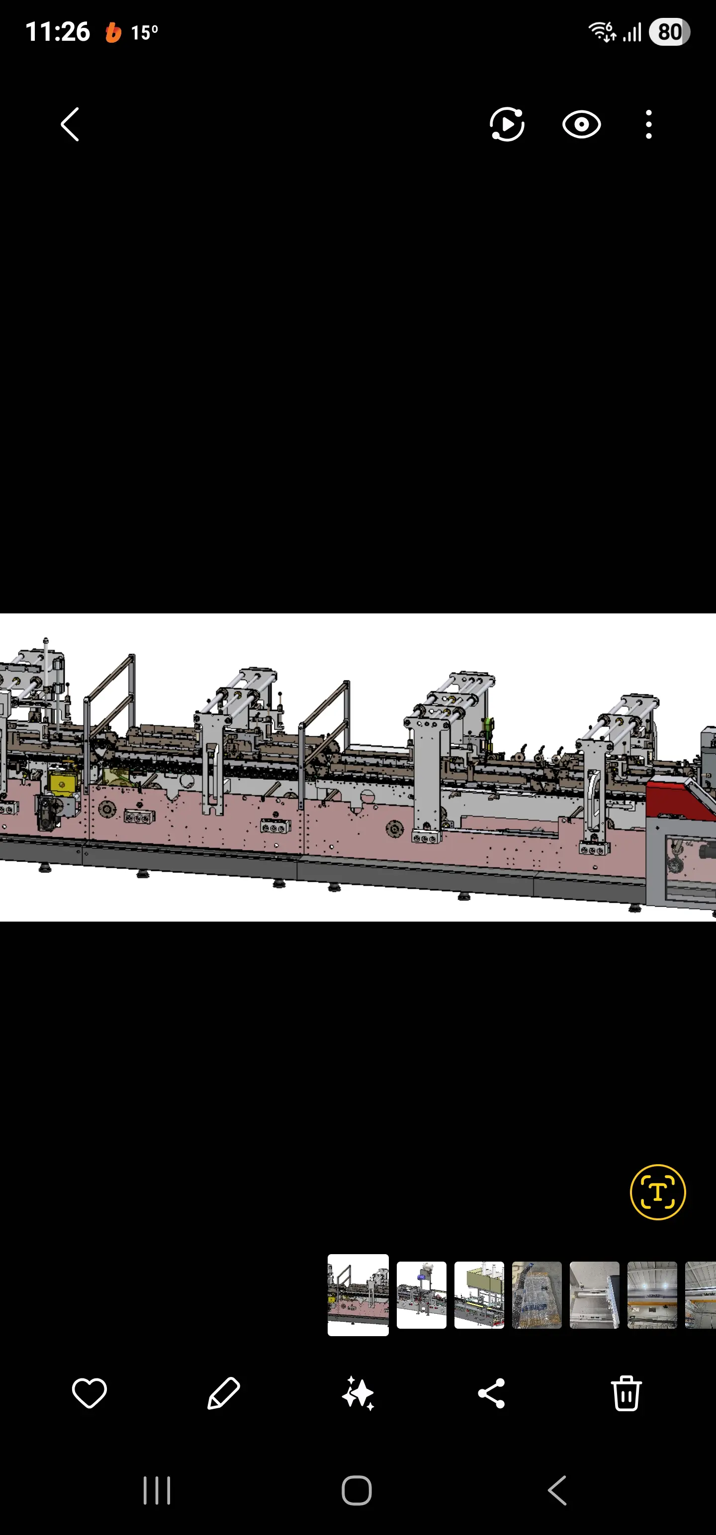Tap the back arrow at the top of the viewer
70,125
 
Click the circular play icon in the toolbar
507,125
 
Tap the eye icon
581,125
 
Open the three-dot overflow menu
649,125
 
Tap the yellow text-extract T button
657,1192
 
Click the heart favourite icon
89,1393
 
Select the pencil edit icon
224,1393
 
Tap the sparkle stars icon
358,1393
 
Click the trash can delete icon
626,1393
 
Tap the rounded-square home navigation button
357,1490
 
